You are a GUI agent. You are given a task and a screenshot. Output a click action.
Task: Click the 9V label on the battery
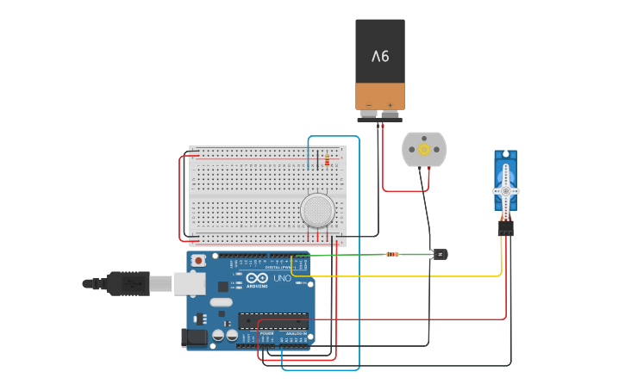point(380,57)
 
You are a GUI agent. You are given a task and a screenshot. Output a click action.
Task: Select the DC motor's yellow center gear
point(424,149)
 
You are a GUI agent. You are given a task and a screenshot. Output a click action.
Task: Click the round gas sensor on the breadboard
point(317,209)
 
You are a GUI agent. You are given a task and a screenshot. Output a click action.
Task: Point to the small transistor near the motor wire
point(440,254)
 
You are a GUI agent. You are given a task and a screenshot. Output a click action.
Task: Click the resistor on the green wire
point(393,254)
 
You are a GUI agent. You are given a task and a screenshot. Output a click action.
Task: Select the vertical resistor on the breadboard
point(327,159)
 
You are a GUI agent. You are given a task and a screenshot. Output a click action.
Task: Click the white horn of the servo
point(505,189)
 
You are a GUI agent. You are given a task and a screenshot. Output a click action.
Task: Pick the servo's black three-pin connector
point(505,227)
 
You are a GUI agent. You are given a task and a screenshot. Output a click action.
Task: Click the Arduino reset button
point(198,260)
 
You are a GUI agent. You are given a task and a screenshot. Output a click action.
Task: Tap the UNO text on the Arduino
point(282,277)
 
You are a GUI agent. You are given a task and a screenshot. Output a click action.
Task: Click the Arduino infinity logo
point(256,277)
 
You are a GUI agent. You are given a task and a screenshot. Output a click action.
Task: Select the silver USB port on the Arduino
point(190,282)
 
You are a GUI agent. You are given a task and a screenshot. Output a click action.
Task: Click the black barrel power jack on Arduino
point(196,337)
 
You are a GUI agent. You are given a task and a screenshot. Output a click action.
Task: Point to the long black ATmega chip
point(273,320)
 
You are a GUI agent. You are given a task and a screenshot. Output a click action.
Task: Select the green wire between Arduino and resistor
point(345,255)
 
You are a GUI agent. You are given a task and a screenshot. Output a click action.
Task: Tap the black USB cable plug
point(125,282)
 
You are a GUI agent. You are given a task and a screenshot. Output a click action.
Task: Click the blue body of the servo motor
point(505,168)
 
